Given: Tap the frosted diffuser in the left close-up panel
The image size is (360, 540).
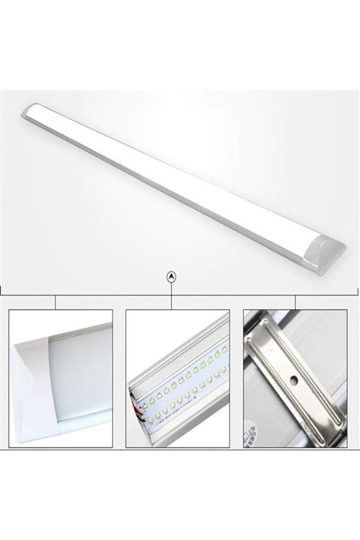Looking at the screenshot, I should coord(79,375).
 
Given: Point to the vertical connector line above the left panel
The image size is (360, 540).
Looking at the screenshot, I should coord(55,301).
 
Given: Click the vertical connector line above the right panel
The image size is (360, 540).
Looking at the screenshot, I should coord(295,301).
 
